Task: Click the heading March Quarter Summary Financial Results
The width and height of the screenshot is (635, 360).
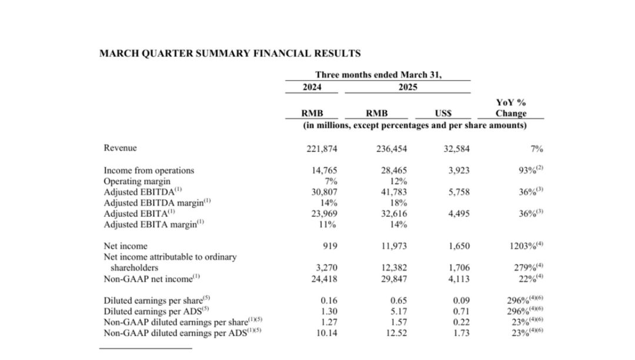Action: click(x=230, y=54)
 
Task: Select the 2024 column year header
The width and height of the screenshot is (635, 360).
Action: click(x=312, y=87)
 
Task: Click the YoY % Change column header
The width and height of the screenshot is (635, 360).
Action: click(x=510, y=108)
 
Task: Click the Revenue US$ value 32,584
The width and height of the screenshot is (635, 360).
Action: click(x=456, y=149)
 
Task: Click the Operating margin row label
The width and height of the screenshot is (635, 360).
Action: click(x=136, y=181)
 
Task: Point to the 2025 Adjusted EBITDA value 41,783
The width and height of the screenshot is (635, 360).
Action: click(x=392, y=192)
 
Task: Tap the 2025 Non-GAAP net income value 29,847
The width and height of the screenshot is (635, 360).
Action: click(x=392, y=279)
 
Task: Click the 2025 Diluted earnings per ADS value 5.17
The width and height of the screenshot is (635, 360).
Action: click(x=398, y=311)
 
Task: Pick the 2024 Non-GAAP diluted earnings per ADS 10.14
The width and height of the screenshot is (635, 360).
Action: click(x=325, y=332)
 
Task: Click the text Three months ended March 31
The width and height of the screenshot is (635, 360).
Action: click(x=378, y=75)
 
